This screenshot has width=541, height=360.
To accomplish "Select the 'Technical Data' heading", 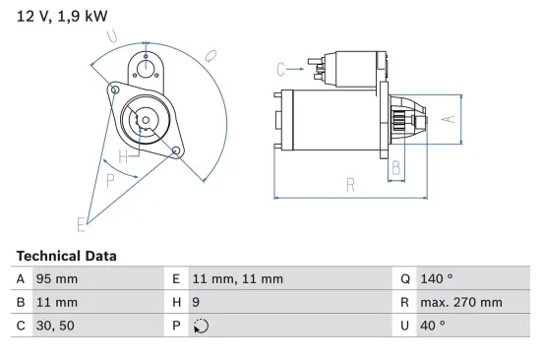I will point(66,256).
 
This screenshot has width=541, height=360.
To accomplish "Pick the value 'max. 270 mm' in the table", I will point(462,302).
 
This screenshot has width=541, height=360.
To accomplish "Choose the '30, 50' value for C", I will point(55,326).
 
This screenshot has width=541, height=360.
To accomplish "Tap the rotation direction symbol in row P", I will point(202,327).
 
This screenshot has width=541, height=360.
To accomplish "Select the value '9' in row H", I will point(197,302).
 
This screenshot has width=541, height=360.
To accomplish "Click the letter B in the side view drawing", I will point(396,168).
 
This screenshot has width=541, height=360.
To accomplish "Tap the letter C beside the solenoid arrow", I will point(281,68).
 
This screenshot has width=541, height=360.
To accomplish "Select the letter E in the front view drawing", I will point(81,225).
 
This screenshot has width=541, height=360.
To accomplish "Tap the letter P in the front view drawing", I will point(110,180).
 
